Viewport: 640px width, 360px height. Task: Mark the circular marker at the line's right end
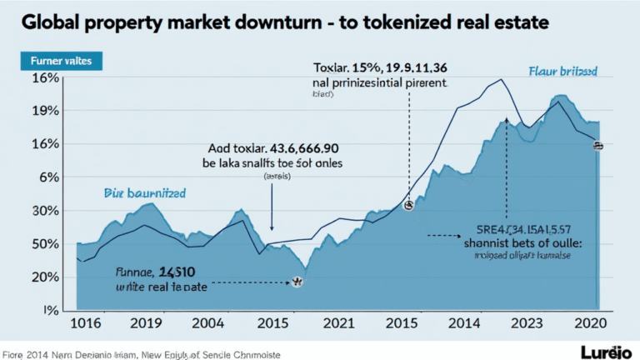pyautogui.click(x=597, y=146)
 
